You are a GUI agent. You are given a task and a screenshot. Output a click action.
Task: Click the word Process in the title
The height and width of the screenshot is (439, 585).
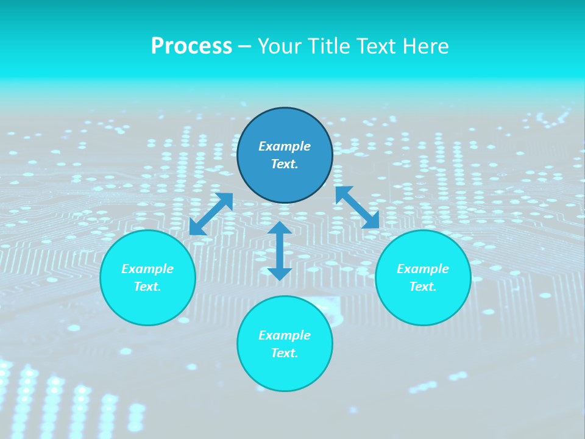click(191, 46)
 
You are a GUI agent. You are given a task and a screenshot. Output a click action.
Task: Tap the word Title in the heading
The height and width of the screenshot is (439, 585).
click(330, 46)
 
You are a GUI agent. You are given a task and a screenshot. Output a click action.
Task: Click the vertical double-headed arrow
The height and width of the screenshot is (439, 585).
click(280, 251)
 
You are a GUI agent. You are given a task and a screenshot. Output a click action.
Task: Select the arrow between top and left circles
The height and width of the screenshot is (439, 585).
click(211, 213)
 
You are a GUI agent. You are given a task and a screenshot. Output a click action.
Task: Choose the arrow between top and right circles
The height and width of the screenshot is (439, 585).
click(357, 207)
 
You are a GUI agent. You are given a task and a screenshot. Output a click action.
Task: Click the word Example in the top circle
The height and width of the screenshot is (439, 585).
click(285, 146)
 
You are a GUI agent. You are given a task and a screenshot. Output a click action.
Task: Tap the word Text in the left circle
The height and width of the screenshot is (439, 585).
click(147, 287)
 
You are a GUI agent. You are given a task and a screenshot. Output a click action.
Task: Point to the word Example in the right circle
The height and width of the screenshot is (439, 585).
click(423, 269)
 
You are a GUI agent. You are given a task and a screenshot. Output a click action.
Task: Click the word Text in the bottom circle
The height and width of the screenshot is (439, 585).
click(285, 353)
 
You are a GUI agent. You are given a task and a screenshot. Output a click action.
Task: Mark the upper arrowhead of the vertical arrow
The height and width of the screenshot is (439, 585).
click(280, 229)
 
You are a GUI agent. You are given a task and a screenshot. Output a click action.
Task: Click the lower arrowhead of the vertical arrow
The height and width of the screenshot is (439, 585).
click(280, 274)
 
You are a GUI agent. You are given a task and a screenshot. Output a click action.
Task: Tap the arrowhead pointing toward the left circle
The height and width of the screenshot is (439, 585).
click(196, 227)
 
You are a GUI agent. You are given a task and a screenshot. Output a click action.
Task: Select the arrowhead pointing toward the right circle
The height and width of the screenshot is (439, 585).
click(371, 221)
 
